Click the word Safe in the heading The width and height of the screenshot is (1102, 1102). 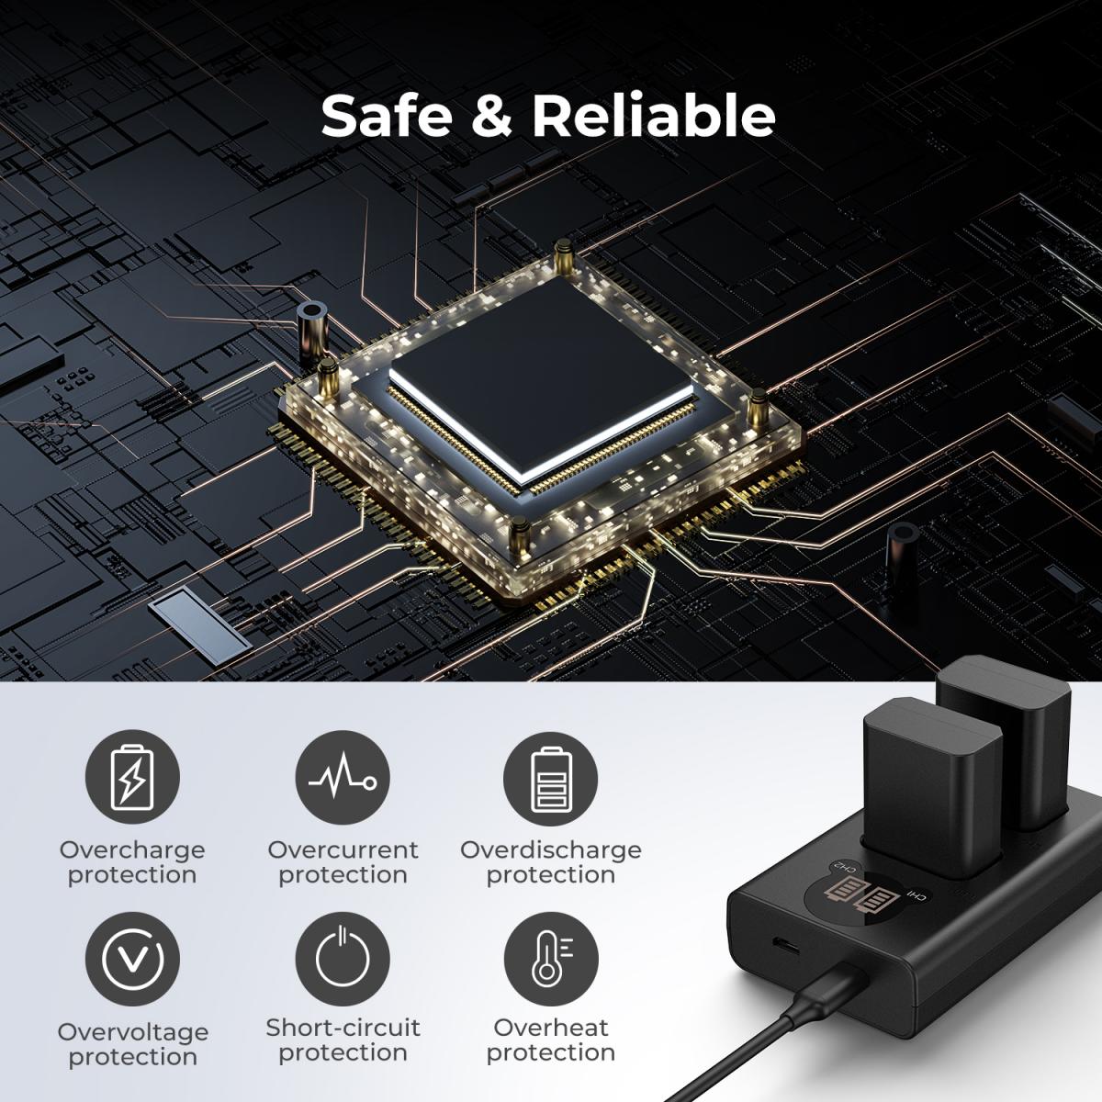pos(387,115)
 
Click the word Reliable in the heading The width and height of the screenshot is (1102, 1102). pos(654,115)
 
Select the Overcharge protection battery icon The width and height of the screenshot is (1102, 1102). pos(132,777)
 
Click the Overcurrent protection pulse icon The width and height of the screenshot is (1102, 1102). pos(343,777)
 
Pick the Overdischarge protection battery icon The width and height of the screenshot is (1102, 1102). pos(551,779)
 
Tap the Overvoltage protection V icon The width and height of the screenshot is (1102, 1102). pos(132,959)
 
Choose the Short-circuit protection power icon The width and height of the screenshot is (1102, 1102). pos(343,959)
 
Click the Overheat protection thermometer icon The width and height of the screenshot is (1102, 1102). pos(551,959)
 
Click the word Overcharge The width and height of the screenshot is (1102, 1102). pos(132,850)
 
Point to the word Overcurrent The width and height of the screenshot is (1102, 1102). pos(343,849)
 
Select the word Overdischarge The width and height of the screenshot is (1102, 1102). pos(551,850)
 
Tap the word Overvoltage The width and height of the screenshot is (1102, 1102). pos(132,1033)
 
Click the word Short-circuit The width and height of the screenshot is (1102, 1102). pos(343,1028)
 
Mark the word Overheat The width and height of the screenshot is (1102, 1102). pos(551,1028)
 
